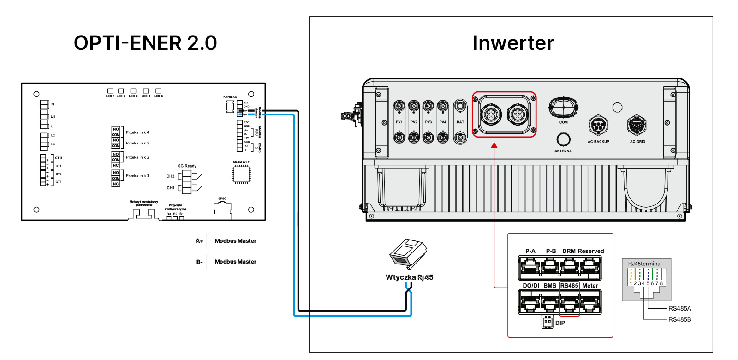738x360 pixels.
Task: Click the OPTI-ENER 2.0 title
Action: pyautogui.click(x=145, y=43)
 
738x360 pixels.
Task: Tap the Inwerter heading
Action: pyautogui.click(x=513, y=43)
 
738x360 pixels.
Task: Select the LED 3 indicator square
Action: pyautogui.click(x=133, y=91)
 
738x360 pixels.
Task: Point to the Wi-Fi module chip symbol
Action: pyautogui.click(x=241, y=174)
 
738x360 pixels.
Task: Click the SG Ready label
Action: pyautogui.click(x=187, y=166)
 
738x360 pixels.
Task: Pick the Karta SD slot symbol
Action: pyautogui.click(x=230, y=107)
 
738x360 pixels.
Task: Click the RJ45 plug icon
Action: pyautogui.click(x=407, y=253)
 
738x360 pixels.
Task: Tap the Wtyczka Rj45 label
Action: pyautogui.click(x=409, y=277)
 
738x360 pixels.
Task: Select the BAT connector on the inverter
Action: pyautogui.click(x=460, y=122)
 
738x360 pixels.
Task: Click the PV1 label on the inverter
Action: pyautogui.click(x=399, y=122)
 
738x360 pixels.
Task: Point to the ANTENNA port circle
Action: pyautogui.click(x=563, y=139)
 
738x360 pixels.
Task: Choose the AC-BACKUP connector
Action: pyautogui.click(x=598, y=125)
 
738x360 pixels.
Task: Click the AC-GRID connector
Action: pyautogui.click(x=637, y=125)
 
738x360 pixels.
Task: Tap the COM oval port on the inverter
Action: pyautogui.click(x=563, y=107)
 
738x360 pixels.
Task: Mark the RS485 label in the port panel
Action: pyautogui.click(x=569, y=286)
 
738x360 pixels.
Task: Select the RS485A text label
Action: pyautogui.click(x=679, y=309)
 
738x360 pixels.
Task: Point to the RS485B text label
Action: pyautogui.click(x=679, y=319)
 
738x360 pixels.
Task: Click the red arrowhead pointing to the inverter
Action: pyautogui.click(x=494, y=145)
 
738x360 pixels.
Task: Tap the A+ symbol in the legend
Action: pyautogui.click(x=199, y=241)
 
